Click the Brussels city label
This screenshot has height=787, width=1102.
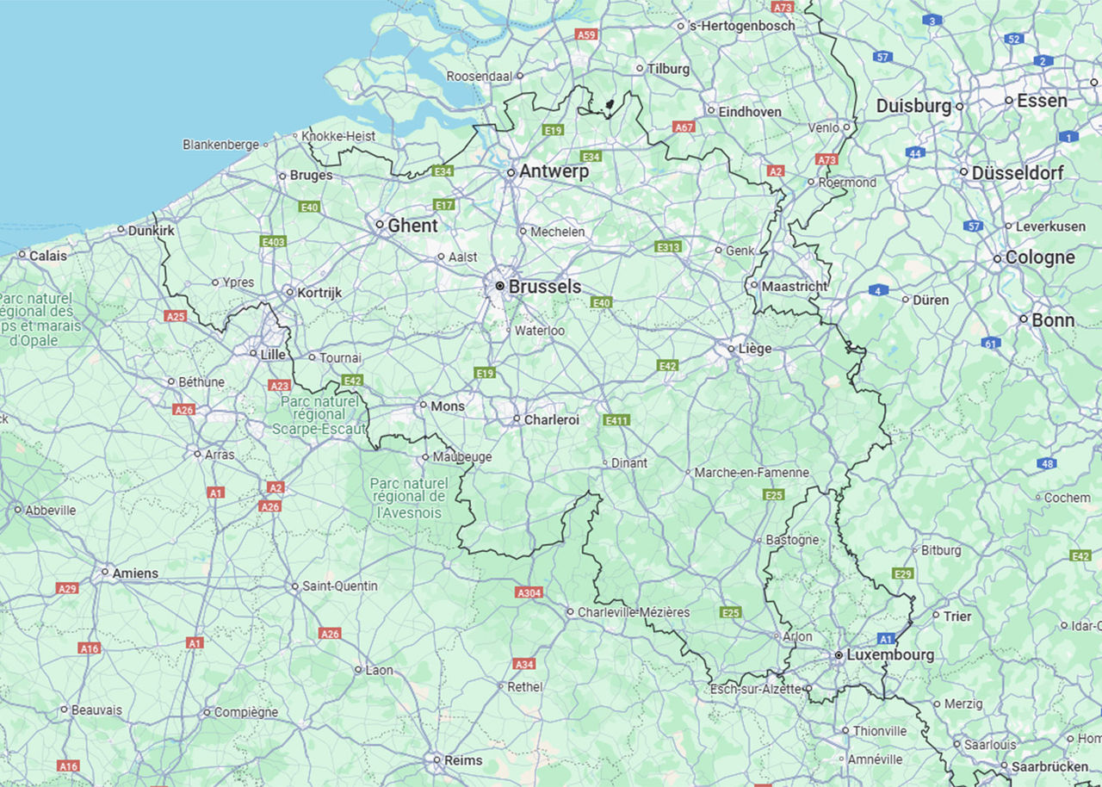(544, 287)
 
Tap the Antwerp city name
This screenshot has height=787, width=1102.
(554, 171)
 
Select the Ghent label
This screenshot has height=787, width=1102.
(412, 226)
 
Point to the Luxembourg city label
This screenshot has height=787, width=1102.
(889, 654)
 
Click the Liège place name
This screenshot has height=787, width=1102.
(754, 349)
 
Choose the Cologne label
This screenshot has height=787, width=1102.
(1040, 257)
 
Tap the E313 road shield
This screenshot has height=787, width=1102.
(668, 247)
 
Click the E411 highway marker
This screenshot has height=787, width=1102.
(616, 420)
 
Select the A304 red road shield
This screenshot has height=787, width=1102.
(529, 592)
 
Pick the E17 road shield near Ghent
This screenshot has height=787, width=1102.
(444, 205)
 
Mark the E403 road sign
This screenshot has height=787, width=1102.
(273, 242)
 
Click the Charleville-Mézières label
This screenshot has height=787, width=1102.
(633, 612)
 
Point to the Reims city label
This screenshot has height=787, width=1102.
(463, 760)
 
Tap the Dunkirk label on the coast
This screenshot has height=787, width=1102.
(151, 230)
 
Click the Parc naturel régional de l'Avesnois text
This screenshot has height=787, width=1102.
(409, 498)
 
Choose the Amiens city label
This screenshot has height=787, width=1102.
(135, 573)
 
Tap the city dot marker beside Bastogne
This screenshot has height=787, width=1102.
(759, 540)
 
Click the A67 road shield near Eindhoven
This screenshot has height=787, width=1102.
(684, 127)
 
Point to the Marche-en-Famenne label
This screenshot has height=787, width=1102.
(752, 473)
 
